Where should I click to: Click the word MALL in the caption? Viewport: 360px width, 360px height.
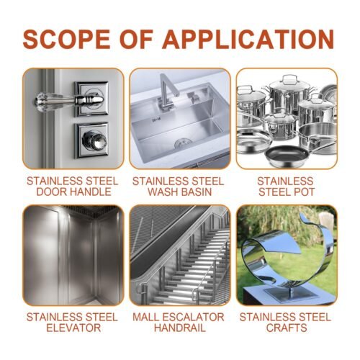[x=148, y=317]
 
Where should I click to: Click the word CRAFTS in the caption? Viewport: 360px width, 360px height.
[x=286, y=328]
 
